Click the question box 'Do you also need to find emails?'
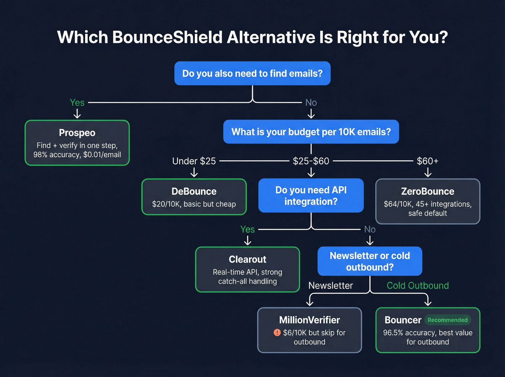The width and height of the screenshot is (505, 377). [x=252, y=73]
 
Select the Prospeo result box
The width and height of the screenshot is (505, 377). [x=77, y=143]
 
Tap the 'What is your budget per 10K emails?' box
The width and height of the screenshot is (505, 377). [x=311, y=132]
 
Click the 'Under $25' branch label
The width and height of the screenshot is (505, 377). [x=194, y=161]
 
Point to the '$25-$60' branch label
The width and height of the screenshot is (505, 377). [x=311, y=161]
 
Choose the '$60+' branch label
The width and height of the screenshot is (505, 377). [x=427, y=161]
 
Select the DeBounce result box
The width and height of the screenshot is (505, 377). [x=194, y=197]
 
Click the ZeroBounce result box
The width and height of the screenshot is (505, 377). [x=427, y=201]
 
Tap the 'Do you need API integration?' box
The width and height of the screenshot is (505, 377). [x=311, y=196]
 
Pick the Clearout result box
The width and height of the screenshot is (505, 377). [x=247, y=269]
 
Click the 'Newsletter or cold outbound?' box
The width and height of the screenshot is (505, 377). [x=370, y=261]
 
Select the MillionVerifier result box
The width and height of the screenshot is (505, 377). [x=309, y=330]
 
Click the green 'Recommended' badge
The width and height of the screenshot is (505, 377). [x=447, y=320]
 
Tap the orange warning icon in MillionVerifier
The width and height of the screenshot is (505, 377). [x=277, y=333]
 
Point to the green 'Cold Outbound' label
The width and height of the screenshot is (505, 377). [x=418, y=285]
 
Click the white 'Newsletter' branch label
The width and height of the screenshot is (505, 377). [x=330, y=285]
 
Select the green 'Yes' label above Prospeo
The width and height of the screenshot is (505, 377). [x=77, y=102]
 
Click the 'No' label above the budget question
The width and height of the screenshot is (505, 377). [x=311, y=102]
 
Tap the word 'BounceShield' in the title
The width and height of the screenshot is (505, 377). [x=167, y=37]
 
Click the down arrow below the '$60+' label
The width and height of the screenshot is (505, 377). [x=428, y=173]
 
